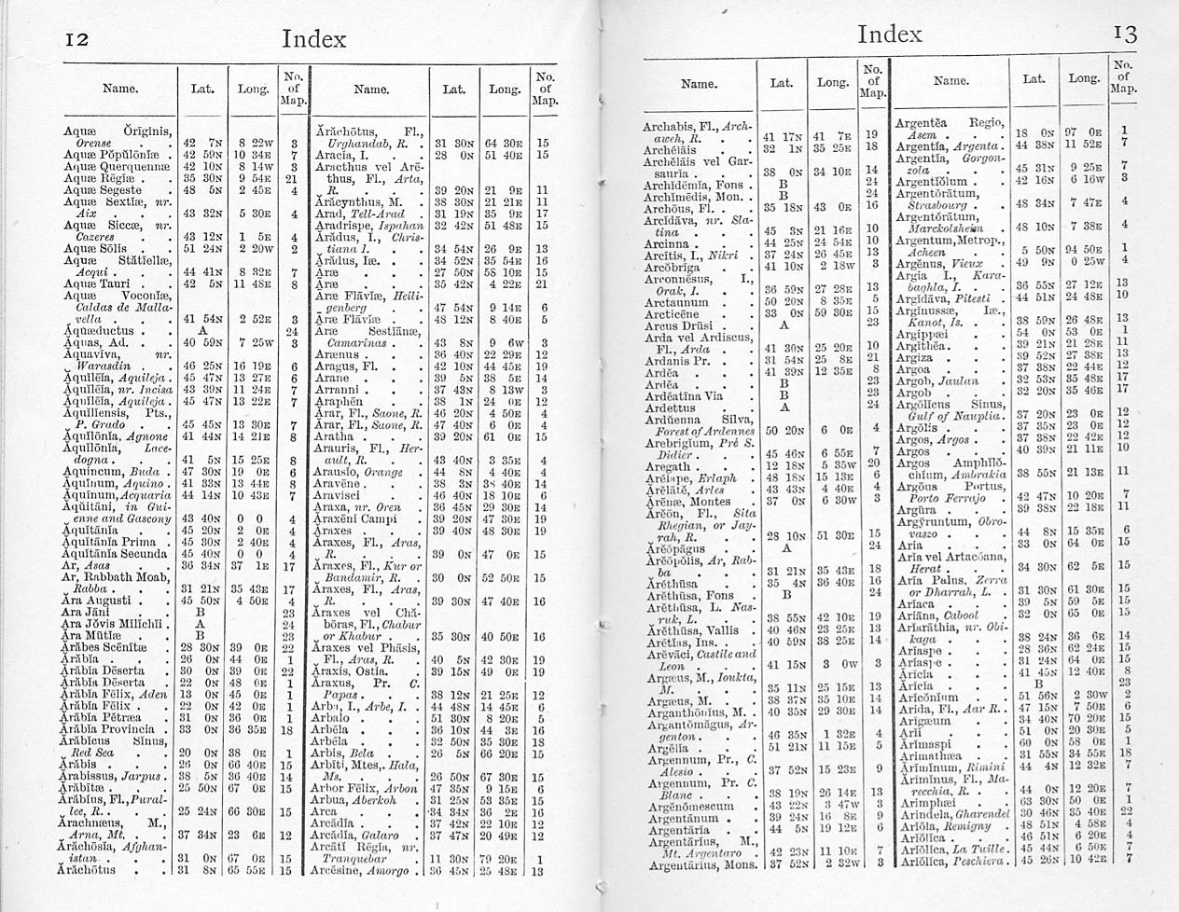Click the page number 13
pos(1125,35)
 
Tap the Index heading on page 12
pos(313,39)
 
